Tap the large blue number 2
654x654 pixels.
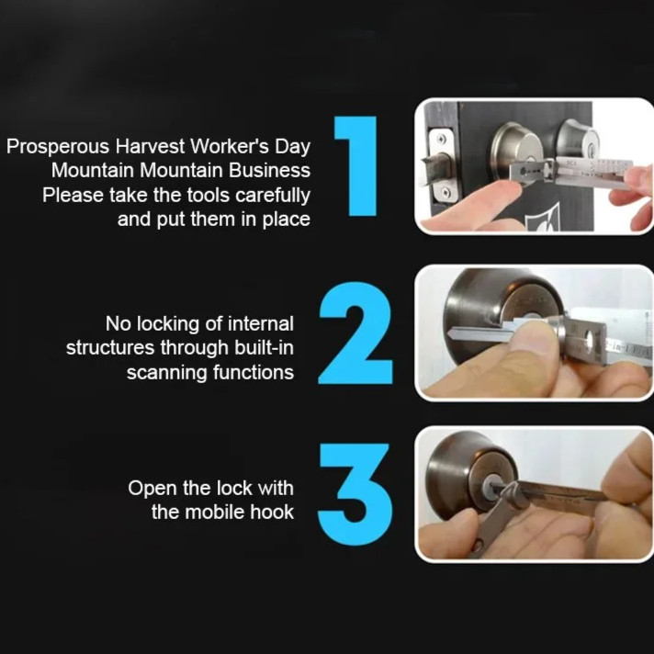tap(355, 333)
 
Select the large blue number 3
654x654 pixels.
tap(355, 495)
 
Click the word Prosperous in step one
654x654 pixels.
tap(58, 147)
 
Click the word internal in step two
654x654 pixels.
tap(261, 323)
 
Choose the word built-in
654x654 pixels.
tap(264, 348)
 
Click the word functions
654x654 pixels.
tap(254, 372)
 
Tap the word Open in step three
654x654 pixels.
tap(149, 489)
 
